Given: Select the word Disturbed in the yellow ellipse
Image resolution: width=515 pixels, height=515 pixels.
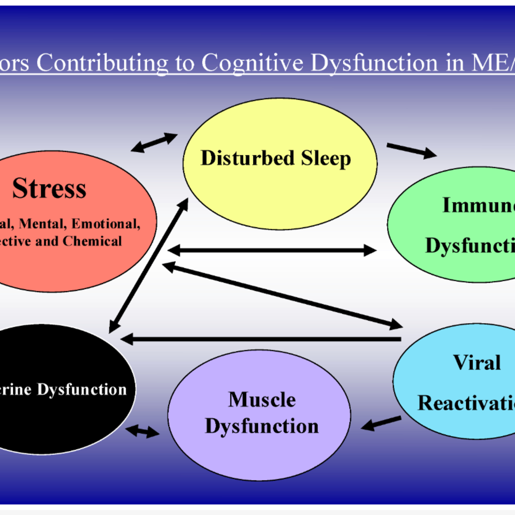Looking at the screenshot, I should [247, 158].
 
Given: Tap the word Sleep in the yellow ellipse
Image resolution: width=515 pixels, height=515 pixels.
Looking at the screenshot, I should [326, 159].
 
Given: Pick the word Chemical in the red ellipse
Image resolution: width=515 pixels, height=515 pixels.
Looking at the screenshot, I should [92, 241].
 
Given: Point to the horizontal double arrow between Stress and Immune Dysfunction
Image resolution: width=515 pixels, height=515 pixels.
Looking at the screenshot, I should [272, 250].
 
